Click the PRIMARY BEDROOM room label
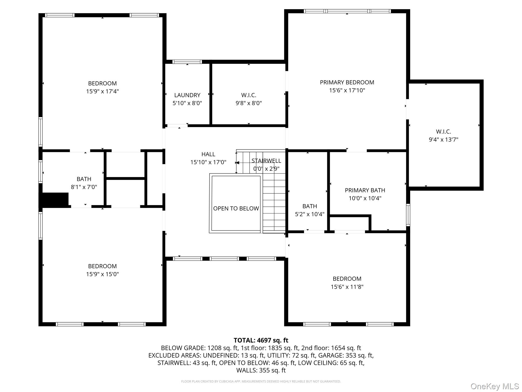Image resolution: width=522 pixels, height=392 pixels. click(x=347, y=82)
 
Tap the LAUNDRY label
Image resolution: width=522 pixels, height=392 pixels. click(x=187, y=95)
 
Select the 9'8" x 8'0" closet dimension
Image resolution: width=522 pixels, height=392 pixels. click(x=249, y=103)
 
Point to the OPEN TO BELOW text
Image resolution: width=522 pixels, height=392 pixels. click(x=236, y=209)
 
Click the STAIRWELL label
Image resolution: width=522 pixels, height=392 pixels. click(x=266, y=161)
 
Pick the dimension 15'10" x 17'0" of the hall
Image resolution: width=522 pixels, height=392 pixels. click(x=208, y=162)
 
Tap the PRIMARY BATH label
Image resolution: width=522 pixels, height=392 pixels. click(x=365, y=190)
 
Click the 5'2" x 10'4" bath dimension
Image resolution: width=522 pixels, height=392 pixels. click(x=310, y=214)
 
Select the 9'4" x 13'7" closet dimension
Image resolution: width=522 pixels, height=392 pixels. click(x=443, y=140)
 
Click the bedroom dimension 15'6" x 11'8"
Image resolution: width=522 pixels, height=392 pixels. click(x=347, y=287)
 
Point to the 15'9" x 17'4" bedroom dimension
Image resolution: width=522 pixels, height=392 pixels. click(x=102, y=91)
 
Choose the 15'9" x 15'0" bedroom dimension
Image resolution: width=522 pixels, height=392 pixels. click(x=102, y=274)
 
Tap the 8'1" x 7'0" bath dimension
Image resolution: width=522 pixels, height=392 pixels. click(x=84, y=187)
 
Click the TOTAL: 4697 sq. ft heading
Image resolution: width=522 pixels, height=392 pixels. click(x=261, y=340)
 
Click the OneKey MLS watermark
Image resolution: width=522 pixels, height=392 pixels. click(x=494, y=386)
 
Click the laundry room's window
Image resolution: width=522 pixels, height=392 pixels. click(x=187, y=62)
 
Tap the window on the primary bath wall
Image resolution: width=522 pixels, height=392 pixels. click(x=408, y=215)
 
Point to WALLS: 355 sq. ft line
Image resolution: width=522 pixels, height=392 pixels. click(x=261, y=370)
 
